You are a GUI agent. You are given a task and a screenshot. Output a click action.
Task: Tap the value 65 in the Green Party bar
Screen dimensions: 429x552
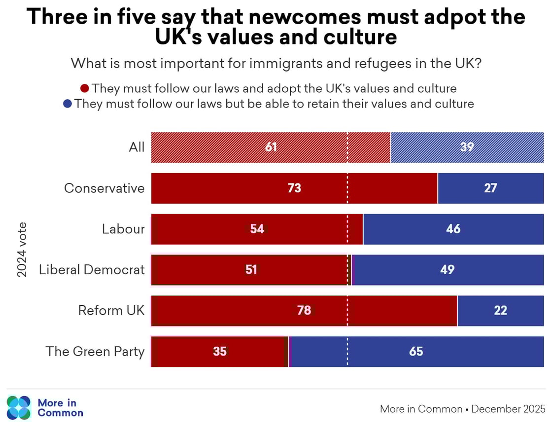pyautogui.click(x=416, y=351)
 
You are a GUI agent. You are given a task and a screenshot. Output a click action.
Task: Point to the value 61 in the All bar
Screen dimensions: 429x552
pyautogui.click(x=271, y=147)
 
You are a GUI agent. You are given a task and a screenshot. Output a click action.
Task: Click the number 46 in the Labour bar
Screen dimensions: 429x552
pyautogui.click(x=453, y=229)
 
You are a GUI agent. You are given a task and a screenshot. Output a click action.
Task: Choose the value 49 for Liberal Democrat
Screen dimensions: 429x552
pyautogui.click(x=448, y=270)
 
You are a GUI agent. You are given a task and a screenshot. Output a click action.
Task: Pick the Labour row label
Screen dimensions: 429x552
pyautogui.click(x=123, y=229)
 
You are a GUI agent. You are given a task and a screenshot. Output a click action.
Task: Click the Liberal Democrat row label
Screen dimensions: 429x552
pyautogui.click(x=92, y=270)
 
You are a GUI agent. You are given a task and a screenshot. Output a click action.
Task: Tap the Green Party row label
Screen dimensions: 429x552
pyautogui.click(x=95, y=351)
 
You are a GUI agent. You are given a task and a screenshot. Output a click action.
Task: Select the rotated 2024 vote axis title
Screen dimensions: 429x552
pyautogui.click(x=22, y=250)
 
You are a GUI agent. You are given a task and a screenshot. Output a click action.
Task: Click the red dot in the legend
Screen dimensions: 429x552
pyautogui.click(x=85, y=89)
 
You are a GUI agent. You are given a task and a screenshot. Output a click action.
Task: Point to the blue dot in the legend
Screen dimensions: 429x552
pyautogui.click(x=68, y=104)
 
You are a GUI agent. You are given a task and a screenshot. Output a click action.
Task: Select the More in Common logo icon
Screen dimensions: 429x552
pyautogui.click(x=19, y=408)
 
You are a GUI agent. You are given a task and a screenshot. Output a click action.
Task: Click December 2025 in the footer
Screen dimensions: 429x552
pyautogui.click(x=508, y=409)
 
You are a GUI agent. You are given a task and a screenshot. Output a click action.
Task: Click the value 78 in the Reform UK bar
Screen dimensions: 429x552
pyautogui.click(x=304, y=311)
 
